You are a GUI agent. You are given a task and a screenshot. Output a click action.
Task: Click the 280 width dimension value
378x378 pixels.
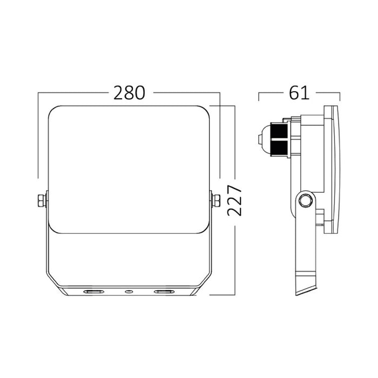click(x=130, y=93)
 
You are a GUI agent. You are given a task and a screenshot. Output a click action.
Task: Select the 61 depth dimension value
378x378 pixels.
click(x=299, y=93)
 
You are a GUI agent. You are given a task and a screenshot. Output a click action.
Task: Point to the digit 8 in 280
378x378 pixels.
click(x=130, y=93)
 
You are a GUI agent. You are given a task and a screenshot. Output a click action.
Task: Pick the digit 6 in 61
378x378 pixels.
click(x=295, y=93)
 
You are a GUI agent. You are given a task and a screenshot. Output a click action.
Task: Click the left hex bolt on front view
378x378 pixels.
click(x=41, y=200)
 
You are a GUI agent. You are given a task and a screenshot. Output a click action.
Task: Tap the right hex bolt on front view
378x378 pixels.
click(x=216, y=200)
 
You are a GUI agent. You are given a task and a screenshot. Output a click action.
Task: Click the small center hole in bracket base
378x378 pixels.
click(x=129, y=292)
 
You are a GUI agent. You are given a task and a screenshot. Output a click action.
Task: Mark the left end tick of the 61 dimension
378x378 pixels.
click(x=259, y=97)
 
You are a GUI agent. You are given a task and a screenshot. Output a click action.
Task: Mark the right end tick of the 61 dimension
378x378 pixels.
click(x=340, y=97)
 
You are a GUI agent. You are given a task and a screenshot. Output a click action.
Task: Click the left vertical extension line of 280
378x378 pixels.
click(x=38, y=135)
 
